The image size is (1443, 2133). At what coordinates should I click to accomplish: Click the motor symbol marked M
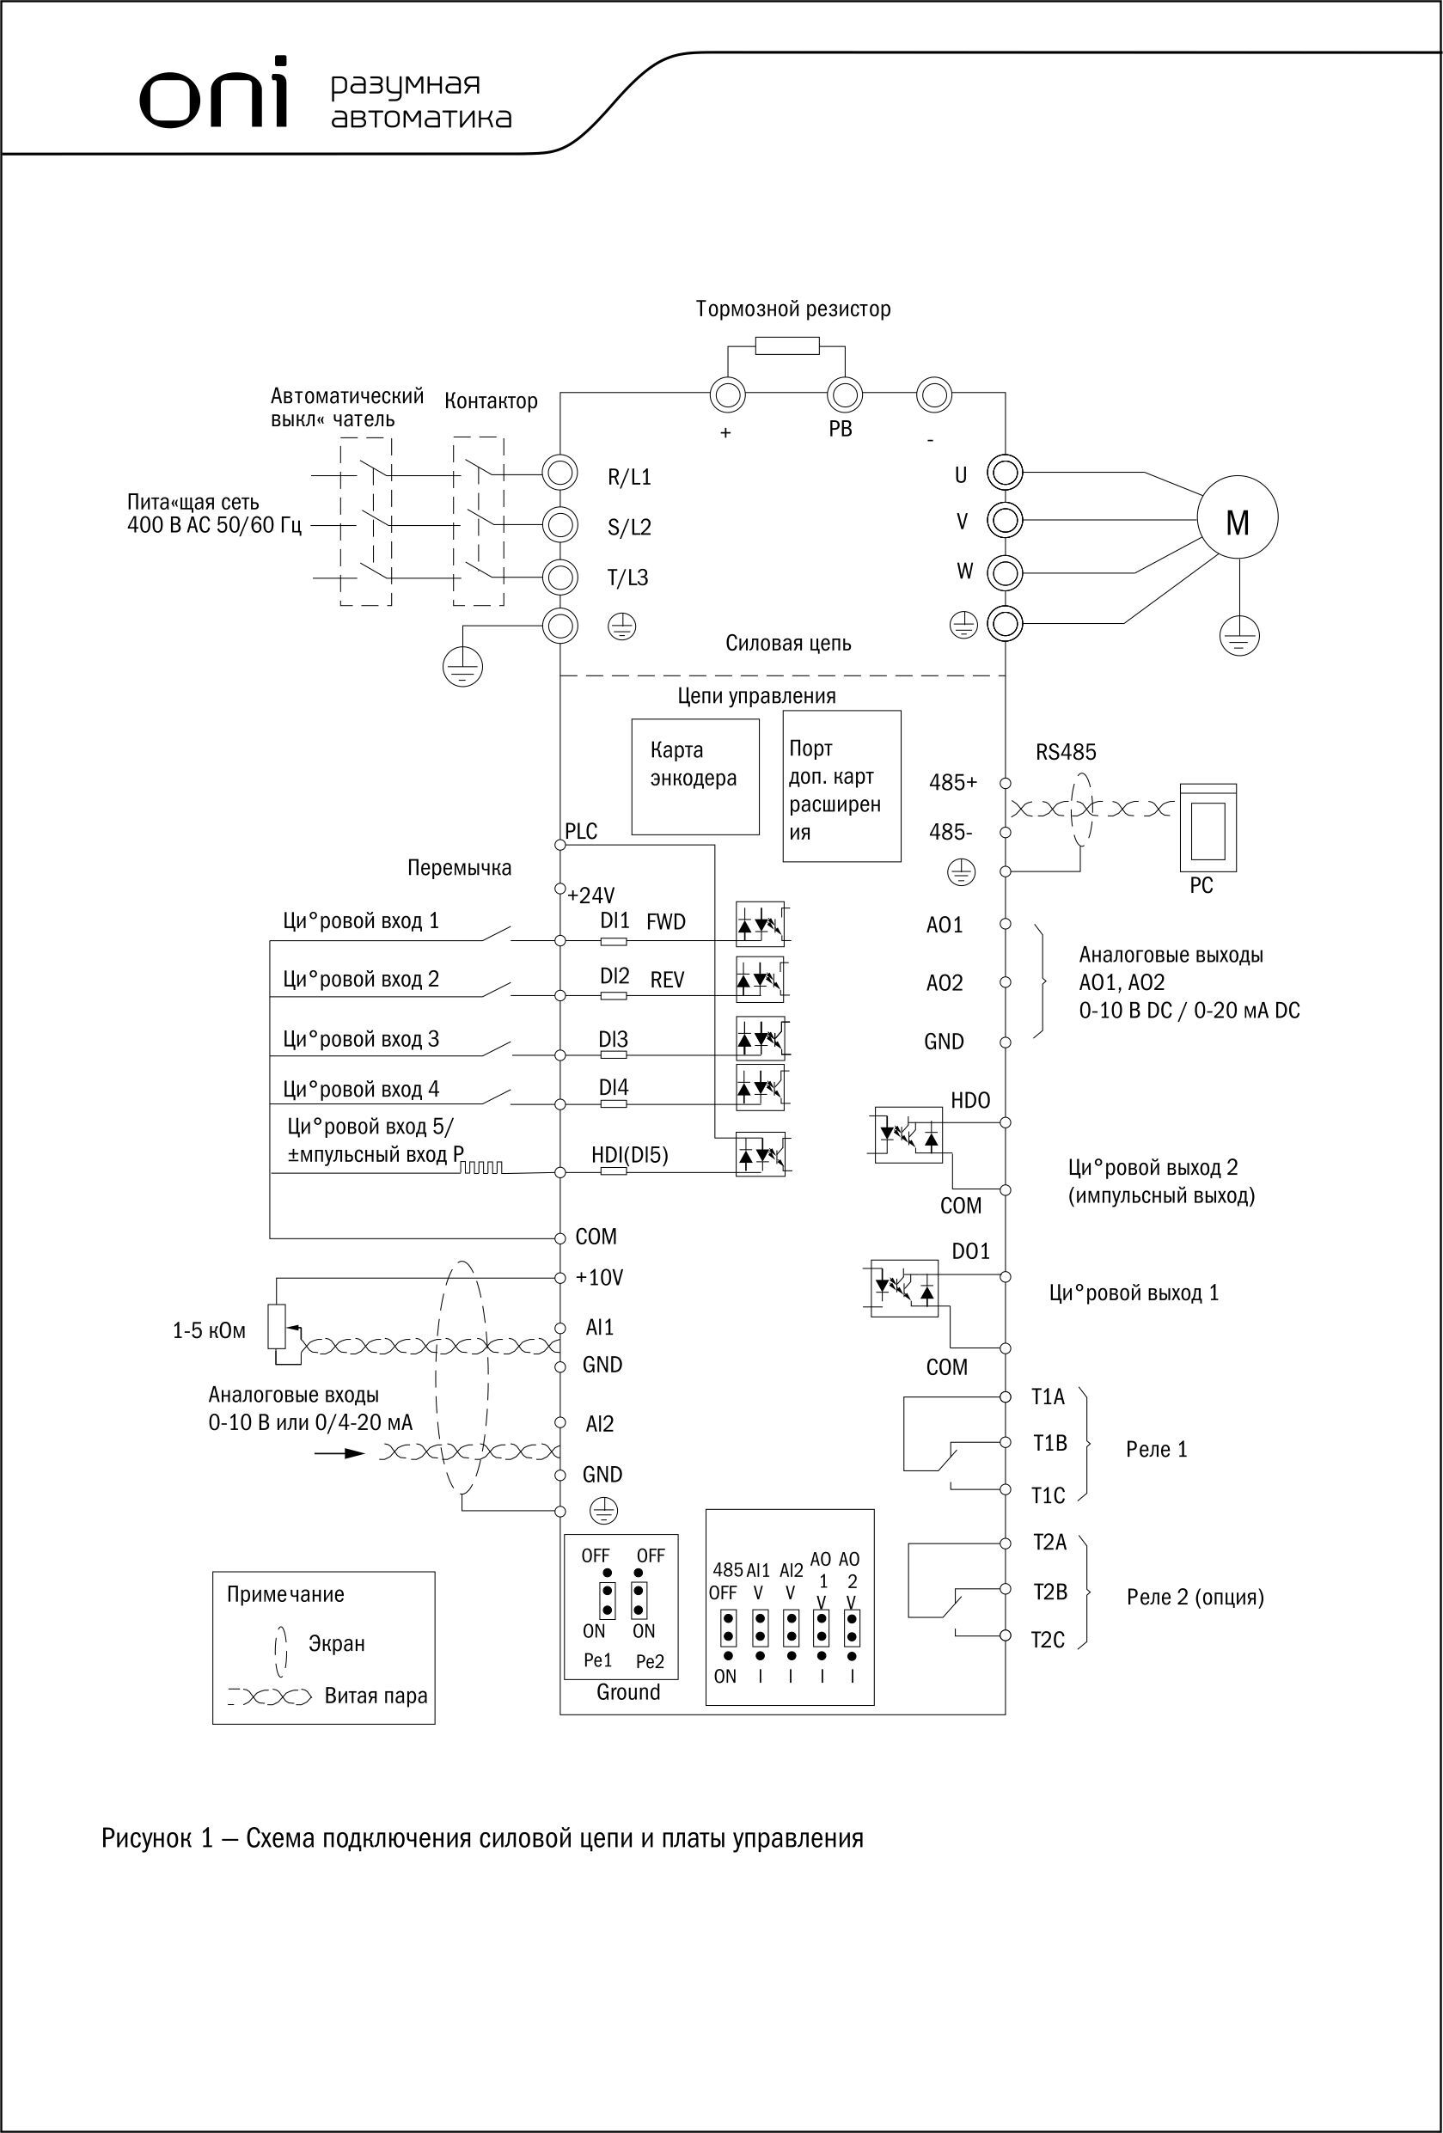(1237, 518)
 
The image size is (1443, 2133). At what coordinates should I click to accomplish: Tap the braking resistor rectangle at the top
(786, 345)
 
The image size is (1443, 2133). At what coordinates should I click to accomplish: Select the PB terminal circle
(844, 395)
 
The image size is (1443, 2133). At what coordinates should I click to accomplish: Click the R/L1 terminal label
(629, 476)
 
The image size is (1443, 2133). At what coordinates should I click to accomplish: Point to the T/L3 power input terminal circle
(559, 577)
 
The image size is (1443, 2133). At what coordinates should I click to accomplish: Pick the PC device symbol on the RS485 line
(1208, 827)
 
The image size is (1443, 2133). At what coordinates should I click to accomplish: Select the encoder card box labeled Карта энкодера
(695, 777)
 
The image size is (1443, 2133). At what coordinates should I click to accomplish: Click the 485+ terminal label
(953, 782)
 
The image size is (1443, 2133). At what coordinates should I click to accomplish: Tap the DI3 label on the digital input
(613, 1038)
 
